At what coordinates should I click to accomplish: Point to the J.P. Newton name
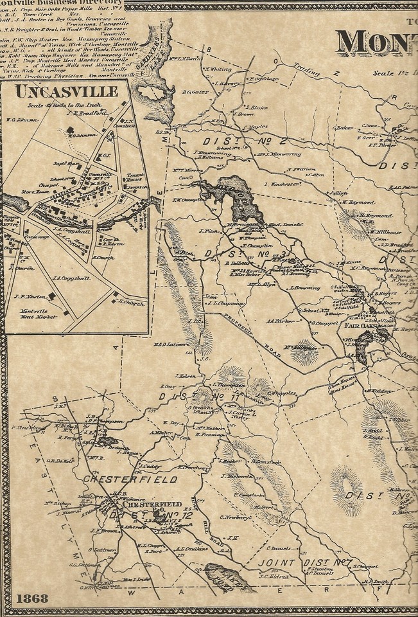pyautogui.click(x=28, y=297)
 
